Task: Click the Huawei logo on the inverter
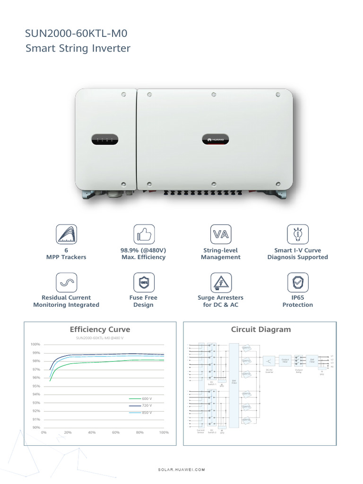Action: (216, 139)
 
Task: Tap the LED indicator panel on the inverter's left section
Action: (104, 140)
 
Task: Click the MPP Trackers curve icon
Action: (66, 234)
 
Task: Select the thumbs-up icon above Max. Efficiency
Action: (143, 234)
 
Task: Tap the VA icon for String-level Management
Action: (221, 234)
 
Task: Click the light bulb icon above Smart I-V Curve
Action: (298, 234)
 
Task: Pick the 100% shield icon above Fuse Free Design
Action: (143, 282)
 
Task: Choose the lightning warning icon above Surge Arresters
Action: (221, 282)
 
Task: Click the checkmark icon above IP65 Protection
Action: (298, 282)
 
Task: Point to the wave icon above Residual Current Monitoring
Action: (66, 282)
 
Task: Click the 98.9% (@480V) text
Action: (143, 250)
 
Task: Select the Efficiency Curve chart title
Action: (100, 329)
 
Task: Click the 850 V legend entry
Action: (141, 413)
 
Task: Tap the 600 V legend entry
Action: (141, 398)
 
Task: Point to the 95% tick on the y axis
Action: (36, 386)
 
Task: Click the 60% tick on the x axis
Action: (116, 432)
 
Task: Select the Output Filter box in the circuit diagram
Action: (285, 361)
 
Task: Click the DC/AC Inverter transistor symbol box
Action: (269, 361)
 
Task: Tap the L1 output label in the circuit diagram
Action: (332, 355)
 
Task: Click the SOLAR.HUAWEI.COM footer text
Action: (181, 470)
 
